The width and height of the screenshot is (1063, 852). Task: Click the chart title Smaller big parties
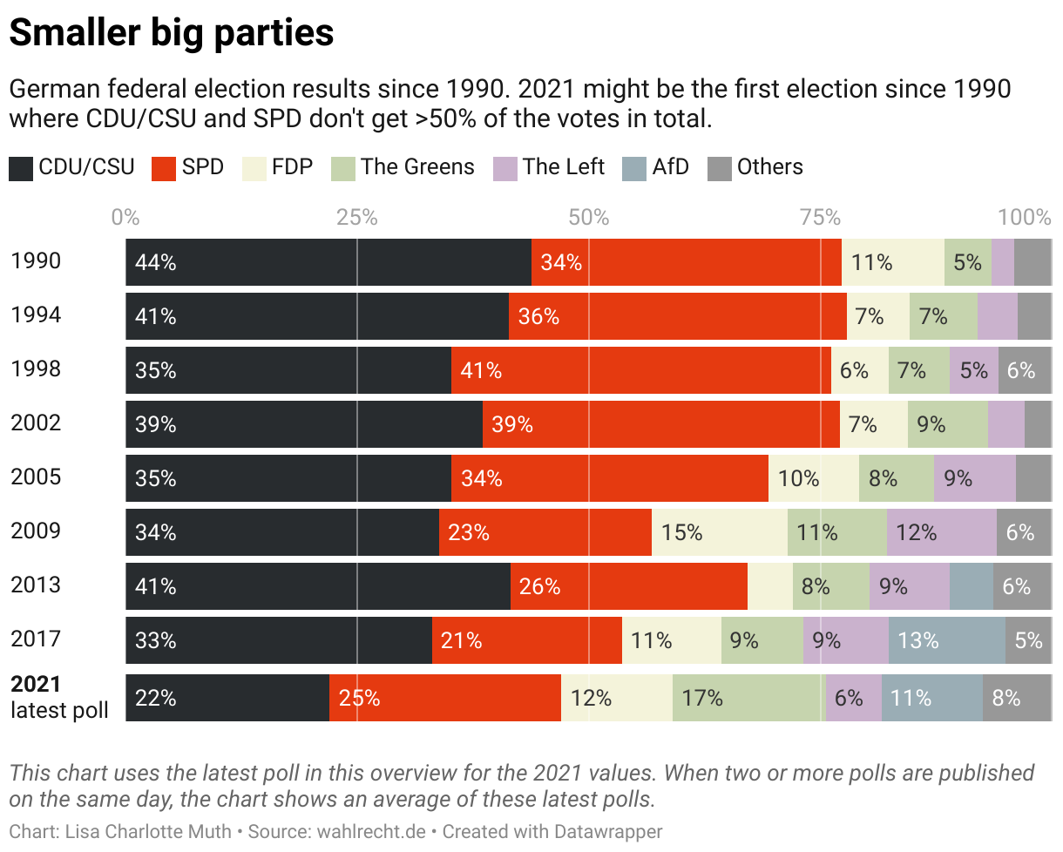tap(171, 33)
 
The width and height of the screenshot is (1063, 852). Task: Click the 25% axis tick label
tap(357, 217)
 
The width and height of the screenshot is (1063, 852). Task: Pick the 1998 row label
tap(36, 369)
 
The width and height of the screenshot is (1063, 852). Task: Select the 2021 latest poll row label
tap(59, 697)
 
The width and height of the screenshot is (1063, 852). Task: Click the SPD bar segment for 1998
tap(641, 370)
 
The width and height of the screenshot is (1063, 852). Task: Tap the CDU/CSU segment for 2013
tap(317, 586)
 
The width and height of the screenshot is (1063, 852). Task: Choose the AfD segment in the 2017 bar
tap(946, 640)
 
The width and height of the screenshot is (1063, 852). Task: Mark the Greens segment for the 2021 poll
tap(748, 698)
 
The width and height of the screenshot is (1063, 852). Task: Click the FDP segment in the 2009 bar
tap(720, 532)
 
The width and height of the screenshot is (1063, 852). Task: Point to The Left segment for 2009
tap(941, 532)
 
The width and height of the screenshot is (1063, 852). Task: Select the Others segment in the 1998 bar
tap(1025, 370)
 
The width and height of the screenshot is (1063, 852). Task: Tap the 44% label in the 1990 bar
tap(156, 262)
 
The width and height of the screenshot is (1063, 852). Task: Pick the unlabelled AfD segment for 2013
tap(971, 586)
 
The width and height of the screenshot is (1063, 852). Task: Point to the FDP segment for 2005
tap(813, 478)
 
